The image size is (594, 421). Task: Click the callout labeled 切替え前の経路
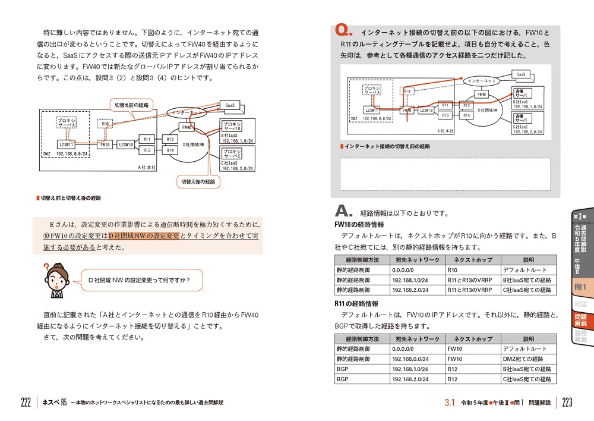tap(131, 105)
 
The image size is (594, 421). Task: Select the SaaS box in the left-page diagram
tap(229, 105)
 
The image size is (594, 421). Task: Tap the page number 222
tap(26, 403)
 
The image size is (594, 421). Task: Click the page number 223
tap(567, 403)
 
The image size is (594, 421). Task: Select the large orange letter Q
tap(343, 31)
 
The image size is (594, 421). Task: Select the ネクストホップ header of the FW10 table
tap(473, 260)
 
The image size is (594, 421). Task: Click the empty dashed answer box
tap(444, 174)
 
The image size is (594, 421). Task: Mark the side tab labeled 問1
tap(580, 288)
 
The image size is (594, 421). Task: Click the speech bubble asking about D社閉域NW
tap(138, 280)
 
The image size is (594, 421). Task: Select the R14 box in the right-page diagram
tap(466, 115)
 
